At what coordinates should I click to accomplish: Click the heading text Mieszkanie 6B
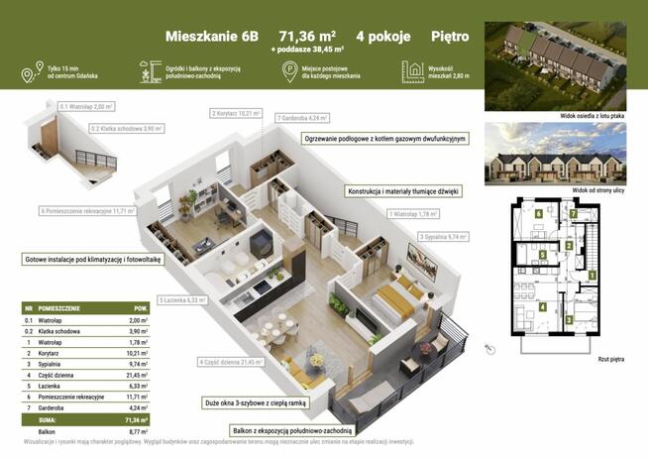point(210,36)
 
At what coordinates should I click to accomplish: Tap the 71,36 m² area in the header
point(305,36)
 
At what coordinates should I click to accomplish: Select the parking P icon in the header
point(288,70)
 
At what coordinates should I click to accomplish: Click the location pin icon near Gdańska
point(26,71)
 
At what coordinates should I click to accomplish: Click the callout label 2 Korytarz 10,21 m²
point(236,114)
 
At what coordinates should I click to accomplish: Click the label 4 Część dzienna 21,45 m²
point(231,363)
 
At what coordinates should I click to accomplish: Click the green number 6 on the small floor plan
point(538,212)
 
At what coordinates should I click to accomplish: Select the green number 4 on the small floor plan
point(542,306)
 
